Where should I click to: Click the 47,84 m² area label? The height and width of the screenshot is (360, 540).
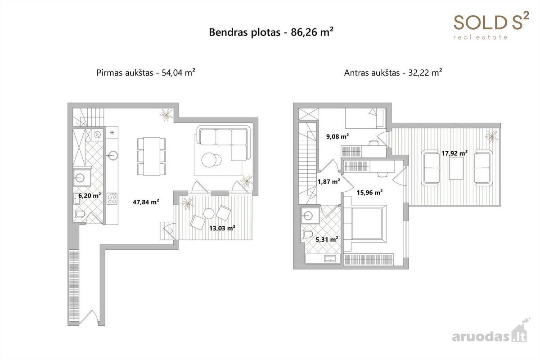pos(146,202)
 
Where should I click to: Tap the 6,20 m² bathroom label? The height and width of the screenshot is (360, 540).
pos(90,195)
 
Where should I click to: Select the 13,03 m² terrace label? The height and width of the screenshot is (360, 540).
pos(222,228)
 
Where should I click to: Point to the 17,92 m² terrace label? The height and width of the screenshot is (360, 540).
pos(454,153)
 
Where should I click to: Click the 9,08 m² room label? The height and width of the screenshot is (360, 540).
pos(337,136)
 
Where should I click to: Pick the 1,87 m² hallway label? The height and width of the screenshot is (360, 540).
pos(329,181)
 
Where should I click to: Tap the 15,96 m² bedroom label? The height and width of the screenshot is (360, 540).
pos(370,193)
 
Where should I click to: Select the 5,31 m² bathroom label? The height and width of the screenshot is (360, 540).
pos(327,239)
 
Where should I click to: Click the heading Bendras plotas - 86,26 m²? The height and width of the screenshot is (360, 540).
pos(271,32)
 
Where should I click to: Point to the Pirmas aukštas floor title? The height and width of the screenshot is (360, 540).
pos(146,72)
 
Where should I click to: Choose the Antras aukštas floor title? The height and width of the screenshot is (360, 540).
pos(393,72)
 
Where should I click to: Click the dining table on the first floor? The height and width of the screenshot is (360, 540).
pos(152,156)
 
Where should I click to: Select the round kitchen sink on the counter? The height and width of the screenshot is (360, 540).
pos(112,156)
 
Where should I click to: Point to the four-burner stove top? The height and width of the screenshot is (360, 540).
pos(112,199)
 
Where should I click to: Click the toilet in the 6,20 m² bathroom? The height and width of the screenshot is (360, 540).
pos(80,214)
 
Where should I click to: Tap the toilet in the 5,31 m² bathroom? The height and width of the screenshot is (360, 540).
pos(307,234)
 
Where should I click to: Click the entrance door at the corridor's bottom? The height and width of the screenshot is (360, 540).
pos(89,317)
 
